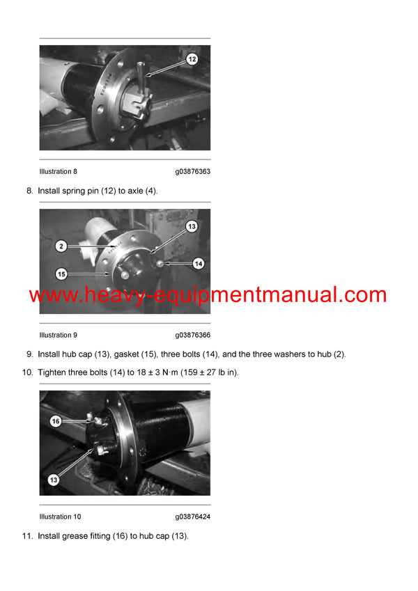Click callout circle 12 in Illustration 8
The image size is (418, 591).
coord(192,59)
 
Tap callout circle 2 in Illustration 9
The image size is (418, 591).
coord(61,246)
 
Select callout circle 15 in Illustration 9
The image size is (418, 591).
coord(61,274)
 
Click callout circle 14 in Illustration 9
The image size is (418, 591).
coord(198,264)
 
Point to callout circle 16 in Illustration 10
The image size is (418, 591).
coord(56,421)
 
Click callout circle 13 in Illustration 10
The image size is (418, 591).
coord(54,479)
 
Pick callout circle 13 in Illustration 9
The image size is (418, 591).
coord(192,226)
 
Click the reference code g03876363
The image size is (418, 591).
coord(193,171)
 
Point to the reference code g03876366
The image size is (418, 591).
coord(193,335)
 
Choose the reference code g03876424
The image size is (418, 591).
coord(193,517)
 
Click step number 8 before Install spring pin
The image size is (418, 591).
coord(29,190)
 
